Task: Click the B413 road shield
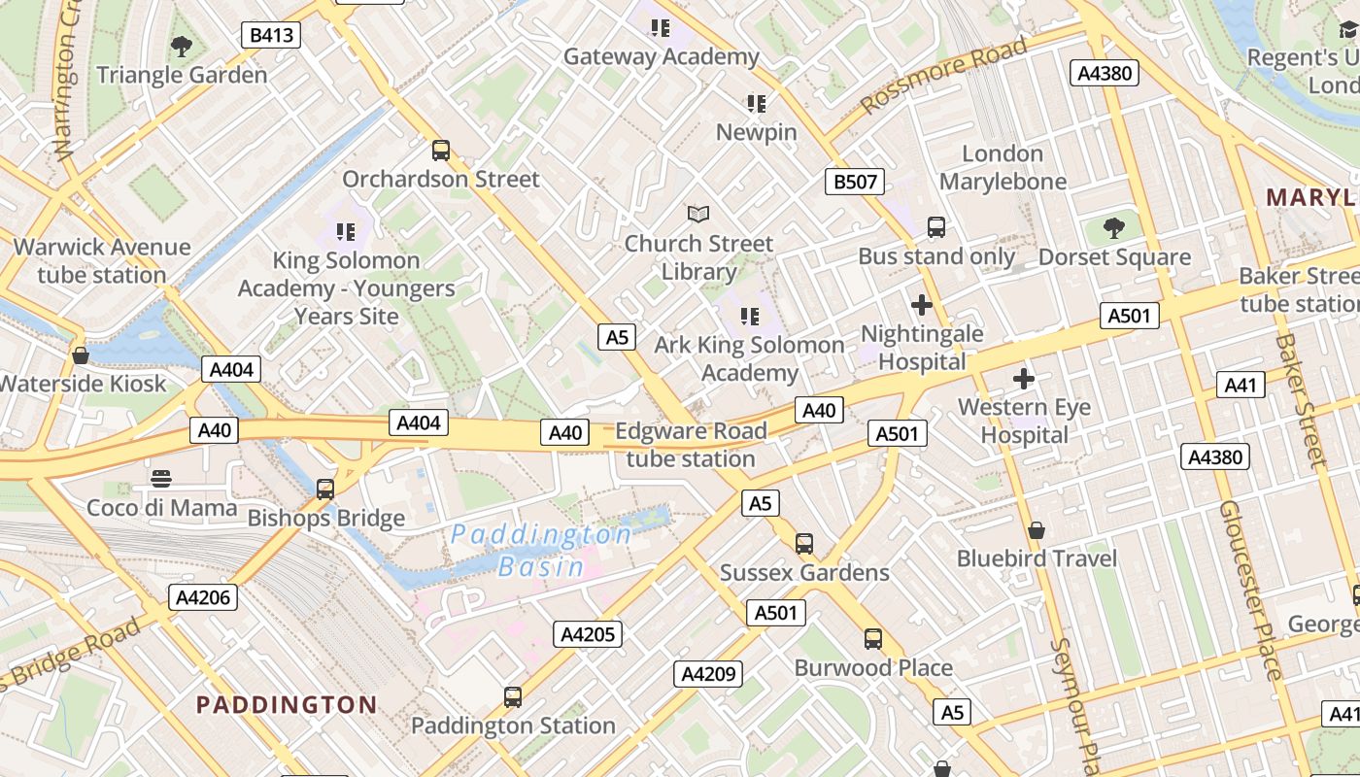(271, 36)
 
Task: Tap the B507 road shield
(855, 181)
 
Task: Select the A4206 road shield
(203, 597)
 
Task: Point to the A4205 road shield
(588, 634)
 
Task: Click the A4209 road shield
(710, 673)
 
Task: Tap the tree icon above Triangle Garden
(181, 46)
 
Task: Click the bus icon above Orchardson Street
(441, 151)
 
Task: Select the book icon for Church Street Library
(698, 214)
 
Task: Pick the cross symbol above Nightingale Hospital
(922, 306)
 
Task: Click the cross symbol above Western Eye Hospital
(1023, 379)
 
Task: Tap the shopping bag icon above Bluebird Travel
(1037, 530)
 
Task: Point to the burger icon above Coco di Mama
(161, 478)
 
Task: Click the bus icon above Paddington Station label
(512, 696)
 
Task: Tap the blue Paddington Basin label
(541, 551)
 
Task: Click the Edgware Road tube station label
(691, 445)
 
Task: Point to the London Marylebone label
(1003, 168)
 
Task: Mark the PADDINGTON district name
(287, 704)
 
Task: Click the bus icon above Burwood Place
(873, 639)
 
